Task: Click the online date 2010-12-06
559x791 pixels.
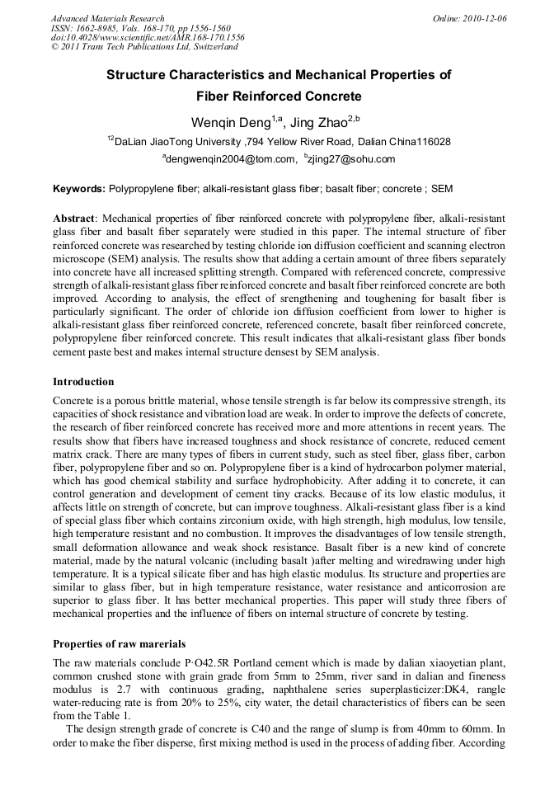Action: (483, 18)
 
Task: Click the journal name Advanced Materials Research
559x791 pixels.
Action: (107, 18)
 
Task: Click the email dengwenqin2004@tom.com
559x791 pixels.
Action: (230, 159)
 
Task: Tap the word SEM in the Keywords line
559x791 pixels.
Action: (442, 189)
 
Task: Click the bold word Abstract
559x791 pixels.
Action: (74, 218)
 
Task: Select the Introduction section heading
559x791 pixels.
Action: (83, 382)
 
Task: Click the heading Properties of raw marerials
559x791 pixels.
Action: (119, 643)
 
